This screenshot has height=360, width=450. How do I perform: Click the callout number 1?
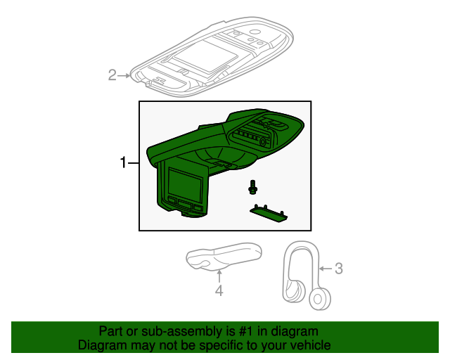pyautogui.click(x=123, y=163)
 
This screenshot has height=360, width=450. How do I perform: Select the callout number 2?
pyautogui.click(x=112, y=75)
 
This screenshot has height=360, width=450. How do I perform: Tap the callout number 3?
pyautogui.click(x=338, y=268)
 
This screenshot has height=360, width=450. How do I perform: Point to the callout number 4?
pyautogui.click(x=219, y=290)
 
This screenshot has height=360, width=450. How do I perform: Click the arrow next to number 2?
pyautogui.click(x=124, y=75)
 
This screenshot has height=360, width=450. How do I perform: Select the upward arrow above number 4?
pyautogui.click(x=219, y=276)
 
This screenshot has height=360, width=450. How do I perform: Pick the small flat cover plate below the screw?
pyautogui.click(x=268, y=212)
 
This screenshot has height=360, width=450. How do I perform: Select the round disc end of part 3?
pyautogui.click(x=321, y=299)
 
